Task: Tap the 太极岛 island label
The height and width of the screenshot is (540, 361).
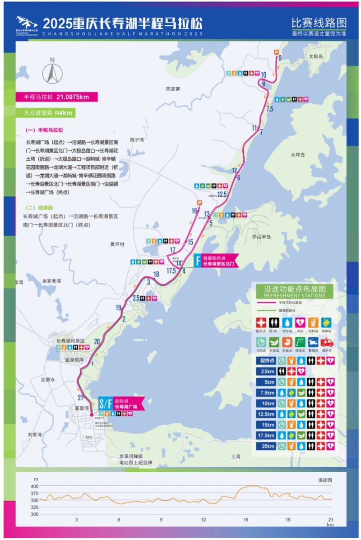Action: click(316, 56)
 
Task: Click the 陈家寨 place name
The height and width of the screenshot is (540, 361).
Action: click(173, 89)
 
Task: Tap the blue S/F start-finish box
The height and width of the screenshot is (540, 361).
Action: click(105, 403)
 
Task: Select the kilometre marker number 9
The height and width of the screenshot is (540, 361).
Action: click(280, 58)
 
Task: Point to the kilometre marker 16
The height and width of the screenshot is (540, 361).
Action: click(194, 210)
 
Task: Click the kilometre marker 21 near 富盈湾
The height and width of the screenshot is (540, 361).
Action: click(80, 397)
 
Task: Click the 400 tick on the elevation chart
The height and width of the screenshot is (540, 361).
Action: click(35, 486)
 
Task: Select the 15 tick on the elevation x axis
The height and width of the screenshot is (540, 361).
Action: click(246, 520)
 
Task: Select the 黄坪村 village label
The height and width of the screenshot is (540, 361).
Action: click(117, 244)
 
